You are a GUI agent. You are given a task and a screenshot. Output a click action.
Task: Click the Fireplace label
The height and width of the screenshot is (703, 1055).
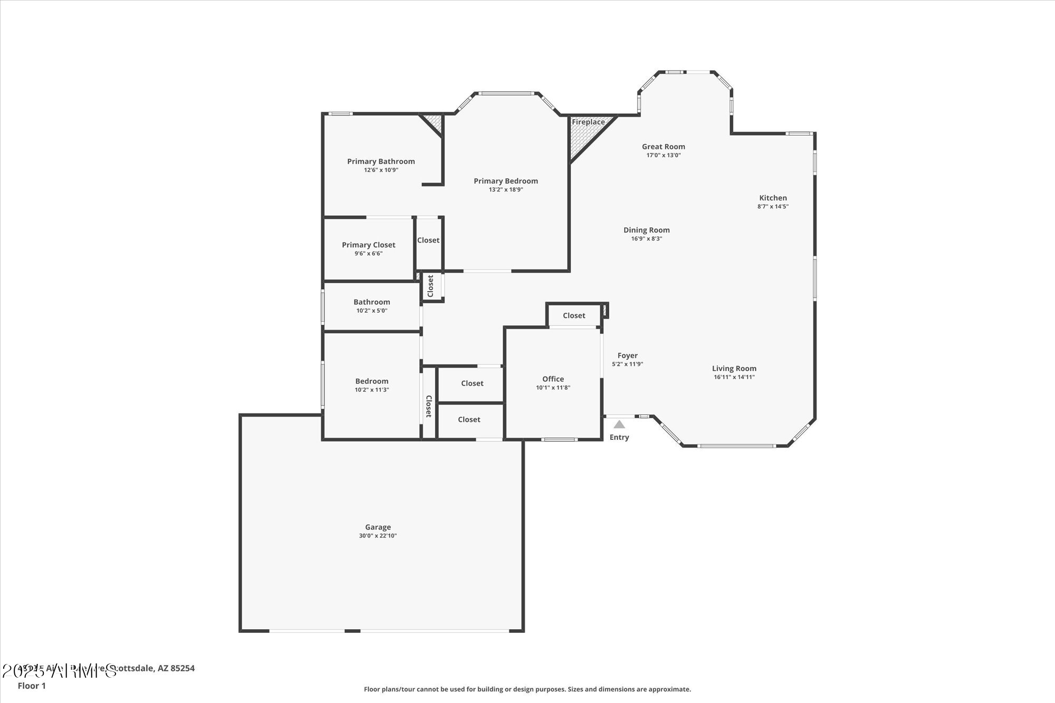tap(588, 122)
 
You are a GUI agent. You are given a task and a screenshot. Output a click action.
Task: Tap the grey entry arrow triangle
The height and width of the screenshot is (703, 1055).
tap(619, 425)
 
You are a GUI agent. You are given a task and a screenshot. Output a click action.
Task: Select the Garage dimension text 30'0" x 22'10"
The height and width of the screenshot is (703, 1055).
tap(378, 536)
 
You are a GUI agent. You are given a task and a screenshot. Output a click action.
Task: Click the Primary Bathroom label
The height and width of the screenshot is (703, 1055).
tap(381, 161)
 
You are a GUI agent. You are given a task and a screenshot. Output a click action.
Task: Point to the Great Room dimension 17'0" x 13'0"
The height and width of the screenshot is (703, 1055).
tap(664, 156)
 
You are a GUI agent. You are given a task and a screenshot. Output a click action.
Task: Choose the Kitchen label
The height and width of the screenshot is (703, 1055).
tap(773, 198)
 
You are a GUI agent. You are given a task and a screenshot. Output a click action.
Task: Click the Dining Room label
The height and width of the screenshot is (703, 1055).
tap(646, 230)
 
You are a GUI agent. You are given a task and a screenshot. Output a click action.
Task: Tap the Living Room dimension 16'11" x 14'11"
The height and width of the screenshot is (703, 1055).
tap(734, 377)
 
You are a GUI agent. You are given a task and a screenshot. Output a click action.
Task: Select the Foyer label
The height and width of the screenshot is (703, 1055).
tap(627, 355)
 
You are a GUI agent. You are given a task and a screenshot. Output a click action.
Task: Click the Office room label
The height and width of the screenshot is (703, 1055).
tap(553, 379)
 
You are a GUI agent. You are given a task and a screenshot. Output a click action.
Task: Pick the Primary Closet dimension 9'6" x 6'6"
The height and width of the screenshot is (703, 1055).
tap(368, 254)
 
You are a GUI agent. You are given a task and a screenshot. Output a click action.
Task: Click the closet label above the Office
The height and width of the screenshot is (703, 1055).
tap(574, 315)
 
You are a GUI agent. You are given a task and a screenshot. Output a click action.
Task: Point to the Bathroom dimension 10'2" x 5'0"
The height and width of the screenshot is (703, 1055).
tap(371, 311)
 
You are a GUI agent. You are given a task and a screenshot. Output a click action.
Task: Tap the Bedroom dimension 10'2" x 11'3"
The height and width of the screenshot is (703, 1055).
tap(371, 390)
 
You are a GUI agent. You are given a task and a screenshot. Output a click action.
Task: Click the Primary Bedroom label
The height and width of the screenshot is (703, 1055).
tap(505, 181)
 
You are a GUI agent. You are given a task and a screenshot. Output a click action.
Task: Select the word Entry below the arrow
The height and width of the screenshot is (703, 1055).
tap(619, 437)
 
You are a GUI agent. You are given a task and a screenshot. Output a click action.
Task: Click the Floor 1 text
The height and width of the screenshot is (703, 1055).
tap(32, 686)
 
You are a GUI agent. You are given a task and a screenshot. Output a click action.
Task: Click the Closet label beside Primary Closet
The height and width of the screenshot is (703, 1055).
tap(428, 240)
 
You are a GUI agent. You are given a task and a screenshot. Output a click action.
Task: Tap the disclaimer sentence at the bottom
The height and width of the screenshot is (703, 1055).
tap(527, 689)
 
